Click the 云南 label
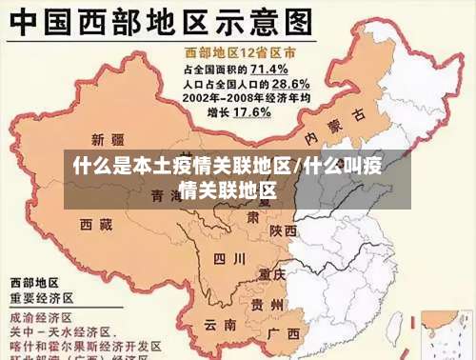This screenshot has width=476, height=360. (x=217, y=324)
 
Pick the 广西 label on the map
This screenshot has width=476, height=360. (x=283, y=333)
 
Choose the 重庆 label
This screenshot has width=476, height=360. (x=273, y=273)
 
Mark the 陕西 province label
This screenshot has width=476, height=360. (x=283, y=230)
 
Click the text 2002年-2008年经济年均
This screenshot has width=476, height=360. (x=245, y=98)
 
